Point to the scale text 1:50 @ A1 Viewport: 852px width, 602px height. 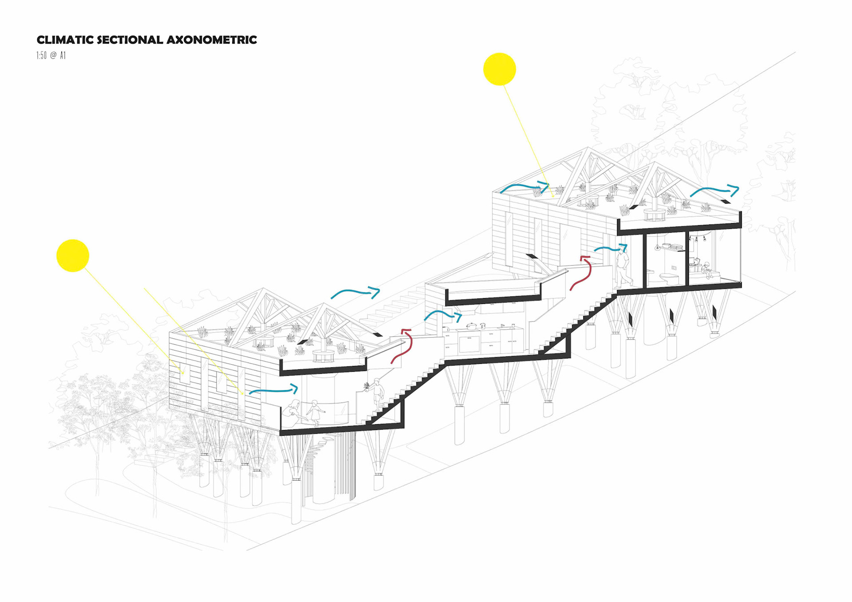[51, 55]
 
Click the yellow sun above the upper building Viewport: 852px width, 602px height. [500, 69]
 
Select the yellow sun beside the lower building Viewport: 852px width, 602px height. [73, 256]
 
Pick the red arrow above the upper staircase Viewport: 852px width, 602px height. [582, 273]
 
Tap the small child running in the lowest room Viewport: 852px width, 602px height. [315, 412]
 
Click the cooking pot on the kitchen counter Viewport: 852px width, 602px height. [471, 326]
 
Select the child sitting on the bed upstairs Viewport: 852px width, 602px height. [706, 270]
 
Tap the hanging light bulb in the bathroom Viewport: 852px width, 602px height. [657, 246]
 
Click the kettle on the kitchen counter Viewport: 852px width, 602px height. [483, 326]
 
